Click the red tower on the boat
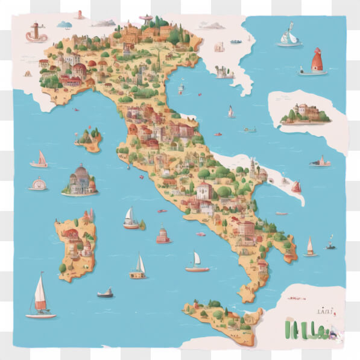(x=316, y=62)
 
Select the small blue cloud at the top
(x=64, y=25)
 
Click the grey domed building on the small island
(x=80, y=180)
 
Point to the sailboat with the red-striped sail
(x=40, y=297)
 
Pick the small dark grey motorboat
(x=105, y=293)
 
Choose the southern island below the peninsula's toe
(x=222, y=316)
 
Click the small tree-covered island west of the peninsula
(x=88, y=139)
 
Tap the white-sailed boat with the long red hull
(x=197, y=263)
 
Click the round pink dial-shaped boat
(x=38, y=184)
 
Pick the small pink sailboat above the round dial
(x=39, y=160)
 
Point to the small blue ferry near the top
(x=236, y=42)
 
